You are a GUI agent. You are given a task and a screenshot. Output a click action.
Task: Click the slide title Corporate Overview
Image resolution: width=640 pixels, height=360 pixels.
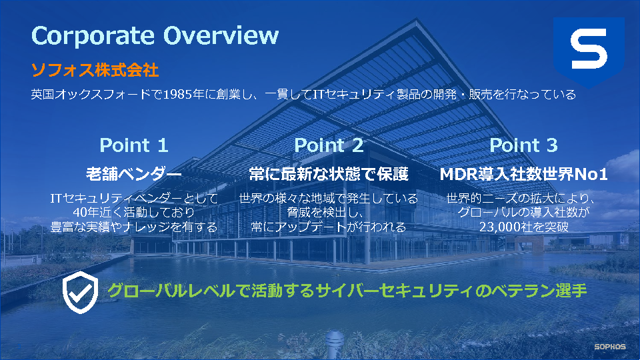tap(155, 35)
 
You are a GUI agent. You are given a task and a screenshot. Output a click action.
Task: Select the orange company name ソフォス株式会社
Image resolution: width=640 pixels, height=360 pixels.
tap(95, 70)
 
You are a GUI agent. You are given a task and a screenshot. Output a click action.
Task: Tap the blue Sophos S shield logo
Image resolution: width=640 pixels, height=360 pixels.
tap(589, 52)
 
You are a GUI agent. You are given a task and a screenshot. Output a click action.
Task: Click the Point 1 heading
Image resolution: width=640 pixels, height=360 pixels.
tap(134, 145)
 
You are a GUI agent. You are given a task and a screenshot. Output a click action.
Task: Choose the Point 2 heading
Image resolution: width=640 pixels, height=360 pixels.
tap(329, 145)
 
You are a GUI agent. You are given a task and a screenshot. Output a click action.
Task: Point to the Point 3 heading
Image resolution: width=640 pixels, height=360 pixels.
tap(523, 145)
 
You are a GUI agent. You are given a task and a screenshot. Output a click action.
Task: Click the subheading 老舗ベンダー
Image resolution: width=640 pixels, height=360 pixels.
tap(134, 174)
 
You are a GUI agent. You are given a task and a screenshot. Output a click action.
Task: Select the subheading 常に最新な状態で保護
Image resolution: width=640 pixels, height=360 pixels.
tap(329, 174)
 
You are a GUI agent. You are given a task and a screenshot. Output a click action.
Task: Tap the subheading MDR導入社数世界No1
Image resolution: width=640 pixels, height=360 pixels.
tap(523, 174)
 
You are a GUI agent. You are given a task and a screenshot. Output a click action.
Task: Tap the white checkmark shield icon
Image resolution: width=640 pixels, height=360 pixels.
tap(81, 292)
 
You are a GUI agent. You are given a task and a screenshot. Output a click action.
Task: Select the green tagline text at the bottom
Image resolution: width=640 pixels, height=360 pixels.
tap(347, 291)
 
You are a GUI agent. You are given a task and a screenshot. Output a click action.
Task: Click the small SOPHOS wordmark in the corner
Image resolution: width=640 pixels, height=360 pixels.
tap(610, 347)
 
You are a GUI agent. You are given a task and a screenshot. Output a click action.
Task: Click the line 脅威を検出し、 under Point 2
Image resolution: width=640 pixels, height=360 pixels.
tap(325, 212)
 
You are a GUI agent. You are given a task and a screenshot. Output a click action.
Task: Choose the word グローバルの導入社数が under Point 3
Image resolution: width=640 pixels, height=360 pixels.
tap(524, 212)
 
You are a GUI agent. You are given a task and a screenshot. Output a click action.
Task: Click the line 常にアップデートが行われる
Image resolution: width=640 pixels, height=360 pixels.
tap(329, 227)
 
